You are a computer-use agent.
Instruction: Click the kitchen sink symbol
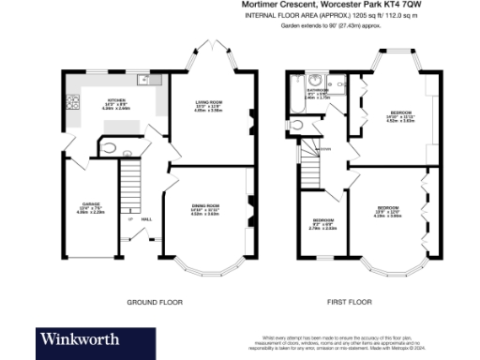141,81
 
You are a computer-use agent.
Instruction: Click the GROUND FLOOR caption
149,302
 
